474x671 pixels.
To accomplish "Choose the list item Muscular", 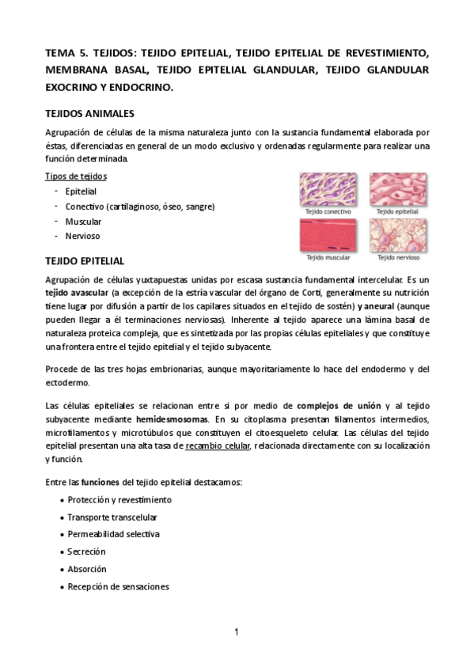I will coord(83,222).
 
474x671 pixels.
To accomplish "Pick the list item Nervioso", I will coord(82,236).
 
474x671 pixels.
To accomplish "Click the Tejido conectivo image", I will coord(329,190).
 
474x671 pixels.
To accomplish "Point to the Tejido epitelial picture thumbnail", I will coord(396,190).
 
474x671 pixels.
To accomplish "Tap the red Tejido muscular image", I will coord(329,235).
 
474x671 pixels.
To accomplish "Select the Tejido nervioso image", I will coord(396,235).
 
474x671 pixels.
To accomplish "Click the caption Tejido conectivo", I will coord(329,212).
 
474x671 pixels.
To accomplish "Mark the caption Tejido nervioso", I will coord(397,257).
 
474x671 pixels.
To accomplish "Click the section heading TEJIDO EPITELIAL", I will coord(84,261).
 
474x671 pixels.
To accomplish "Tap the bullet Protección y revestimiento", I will coord(119,500).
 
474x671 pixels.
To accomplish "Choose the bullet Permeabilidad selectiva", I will coord(113,534).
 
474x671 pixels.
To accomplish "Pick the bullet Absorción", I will coord(87,569).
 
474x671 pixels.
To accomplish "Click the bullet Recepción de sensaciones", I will coord(118,586).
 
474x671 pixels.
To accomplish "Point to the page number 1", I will coord(237,631).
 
